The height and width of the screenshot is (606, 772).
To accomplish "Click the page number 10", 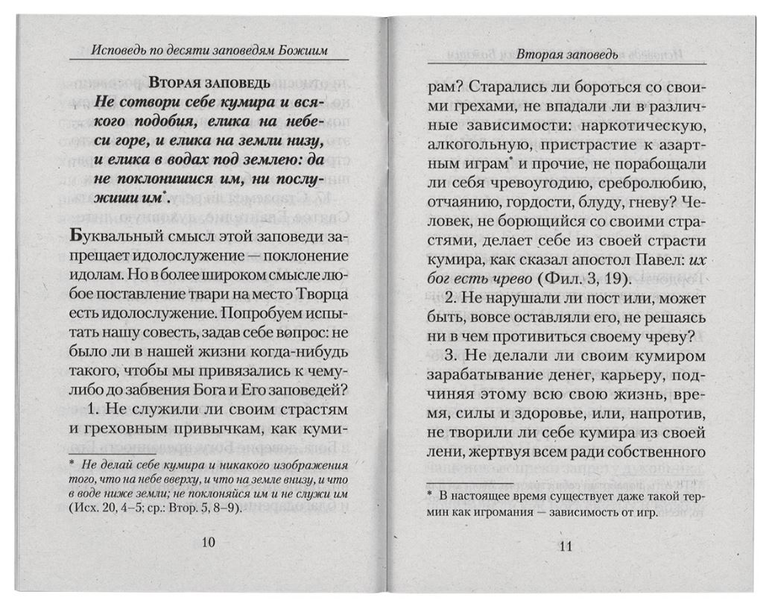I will click(208, 542).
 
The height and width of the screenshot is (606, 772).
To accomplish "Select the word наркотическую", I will click(650, 123).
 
